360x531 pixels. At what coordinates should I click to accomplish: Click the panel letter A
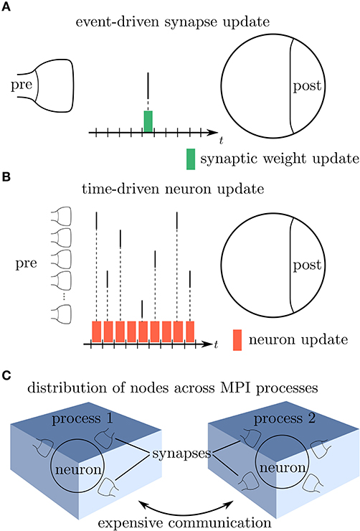pyautogui.click(x=6, y=7)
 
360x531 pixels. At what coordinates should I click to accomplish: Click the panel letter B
pyautogui.click(x=6, y=177)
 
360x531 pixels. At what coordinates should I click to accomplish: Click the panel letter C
pyautogui.click(x=6, y=375)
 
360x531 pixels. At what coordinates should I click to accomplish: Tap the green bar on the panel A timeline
pyautogui.click(x=148, y=121)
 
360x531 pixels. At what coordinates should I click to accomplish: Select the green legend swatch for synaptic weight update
pyautogui.click(x=191, y=159)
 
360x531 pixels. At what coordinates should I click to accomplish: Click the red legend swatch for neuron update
pyautogui.click(x=237, y=339)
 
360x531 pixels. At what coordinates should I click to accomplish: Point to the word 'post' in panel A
pyautogui.click(x=307, y=86)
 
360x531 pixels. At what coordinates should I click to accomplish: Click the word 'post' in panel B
pyautogui.click(x=307, y=265)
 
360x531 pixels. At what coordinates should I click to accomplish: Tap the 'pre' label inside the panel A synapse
pyautogui.click(x=22, y=85)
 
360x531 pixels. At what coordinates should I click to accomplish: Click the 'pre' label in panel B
pyautogui.click(x=26, y=264)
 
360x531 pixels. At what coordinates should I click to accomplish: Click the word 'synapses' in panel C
pyautogui.click(x=181, y=454)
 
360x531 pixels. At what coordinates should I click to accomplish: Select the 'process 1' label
pyautogui.click(x=82, y=419)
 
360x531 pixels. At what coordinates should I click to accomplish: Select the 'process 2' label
pyautogui.click(x=285, y=419)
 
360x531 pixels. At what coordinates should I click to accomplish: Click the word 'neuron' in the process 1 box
pyautogui.click(x=78, y=470)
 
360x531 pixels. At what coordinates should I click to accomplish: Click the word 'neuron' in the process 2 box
pyautogui.click(x=283, y=468)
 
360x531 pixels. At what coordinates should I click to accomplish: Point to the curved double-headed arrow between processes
pyautogui.click(x=186, y=510)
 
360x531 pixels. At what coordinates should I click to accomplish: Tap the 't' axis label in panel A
pyautogui.click(x=222, y=140)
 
